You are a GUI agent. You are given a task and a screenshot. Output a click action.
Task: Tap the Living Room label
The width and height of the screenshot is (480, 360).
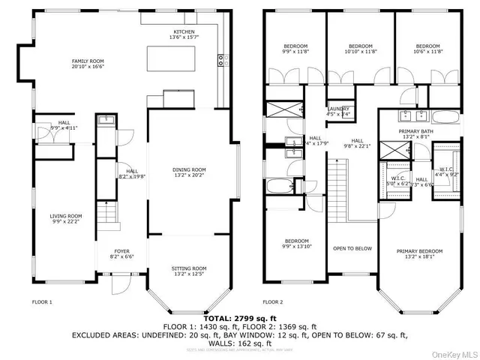(x=66, y=218)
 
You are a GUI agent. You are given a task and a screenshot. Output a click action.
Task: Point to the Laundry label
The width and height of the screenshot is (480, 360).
(x=338, y=111)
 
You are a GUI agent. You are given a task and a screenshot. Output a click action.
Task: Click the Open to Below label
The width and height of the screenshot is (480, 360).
(x=352, y=248)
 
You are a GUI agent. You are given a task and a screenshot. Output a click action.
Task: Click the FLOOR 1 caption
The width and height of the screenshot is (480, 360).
(x=42, y=302)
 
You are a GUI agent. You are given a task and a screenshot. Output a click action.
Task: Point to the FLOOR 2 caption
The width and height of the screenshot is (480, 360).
(x=272, y=302)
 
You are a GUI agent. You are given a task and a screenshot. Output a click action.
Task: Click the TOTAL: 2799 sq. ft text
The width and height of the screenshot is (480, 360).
(x=239, y=319)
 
